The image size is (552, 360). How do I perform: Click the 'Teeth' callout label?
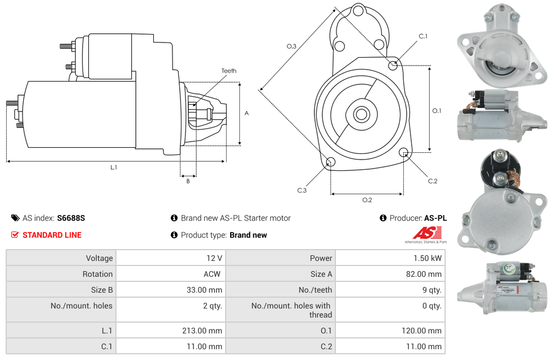click(228, 71)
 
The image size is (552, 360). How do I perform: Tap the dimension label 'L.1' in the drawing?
click(114, 168)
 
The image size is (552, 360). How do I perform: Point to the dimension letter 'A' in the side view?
click(246, 113)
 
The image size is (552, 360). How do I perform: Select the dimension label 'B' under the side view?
click(188, 181)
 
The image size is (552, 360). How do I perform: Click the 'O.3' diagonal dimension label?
click(291, 46)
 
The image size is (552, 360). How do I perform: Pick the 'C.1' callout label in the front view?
click(423, 36)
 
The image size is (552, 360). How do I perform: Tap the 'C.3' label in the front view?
click(301, 190)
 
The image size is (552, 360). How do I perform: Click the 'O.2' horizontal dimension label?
click(367, 200)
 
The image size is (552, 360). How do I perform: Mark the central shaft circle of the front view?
click(361, 114)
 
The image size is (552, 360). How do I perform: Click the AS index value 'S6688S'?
click(71, 218)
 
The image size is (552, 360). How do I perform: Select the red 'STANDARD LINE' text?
click(51, 235)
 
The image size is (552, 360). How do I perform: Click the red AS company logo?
click(424, 233)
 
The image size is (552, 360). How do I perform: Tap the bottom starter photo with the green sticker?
click(502, 289)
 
